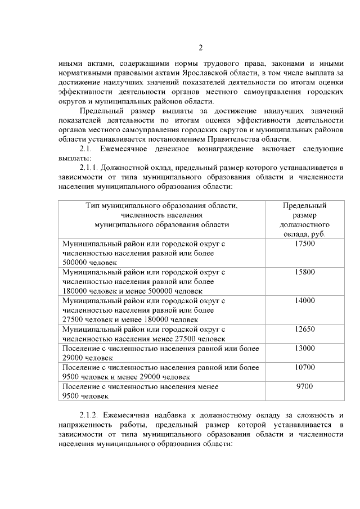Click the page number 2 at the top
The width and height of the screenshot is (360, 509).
(201, 47)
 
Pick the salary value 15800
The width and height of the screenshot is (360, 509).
(305, 272)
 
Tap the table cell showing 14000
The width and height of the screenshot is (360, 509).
(305, 300)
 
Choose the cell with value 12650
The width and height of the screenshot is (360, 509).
(305, 329)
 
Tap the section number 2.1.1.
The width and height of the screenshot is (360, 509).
(90, 168)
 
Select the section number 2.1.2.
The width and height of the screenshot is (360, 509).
(90, 415)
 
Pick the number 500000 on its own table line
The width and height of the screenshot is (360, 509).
(78, 262)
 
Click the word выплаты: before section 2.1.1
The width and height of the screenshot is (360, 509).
(74, 158)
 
